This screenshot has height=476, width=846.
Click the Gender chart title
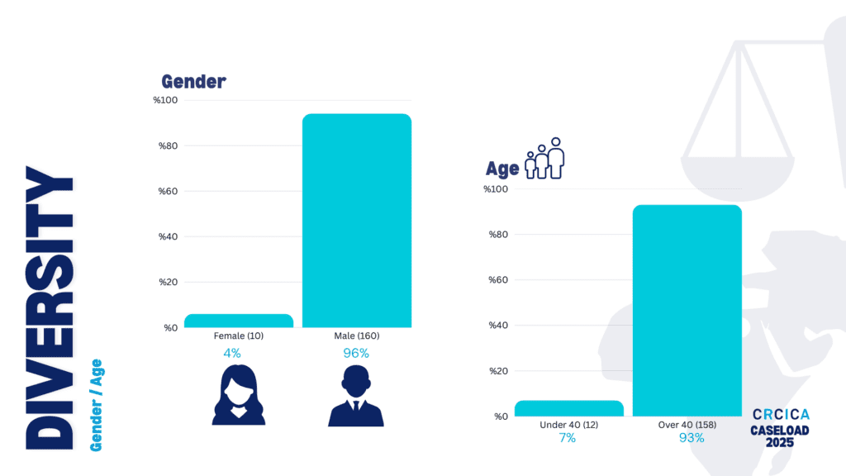[x=193, y=81]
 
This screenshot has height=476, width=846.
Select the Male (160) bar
[x=356, y=220]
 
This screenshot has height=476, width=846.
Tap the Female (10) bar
[x=239, y=321]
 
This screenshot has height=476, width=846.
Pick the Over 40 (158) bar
[x=687, y=310]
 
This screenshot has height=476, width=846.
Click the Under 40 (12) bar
[x=568, y=408]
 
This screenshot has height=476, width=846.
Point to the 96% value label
[x=356, y=353]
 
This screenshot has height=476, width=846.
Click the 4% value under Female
[x=232, y=353]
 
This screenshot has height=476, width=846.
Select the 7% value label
[x=567, y=438]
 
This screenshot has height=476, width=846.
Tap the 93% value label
[x=691, y=438]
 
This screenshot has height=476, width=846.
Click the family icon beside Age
[x=545, y=159]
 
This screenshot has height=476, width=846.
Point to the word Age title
[x=502, y=169]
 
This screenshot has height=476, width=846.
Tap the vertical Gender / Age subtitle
[x=96, y=405]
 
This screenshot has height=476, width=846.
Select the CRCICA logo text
[x=781, y=414]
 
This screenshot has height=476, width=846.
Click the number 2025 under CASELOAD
[x=780, y=444]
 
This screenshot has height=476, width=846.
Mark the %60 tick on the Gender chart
[x=165, y=192]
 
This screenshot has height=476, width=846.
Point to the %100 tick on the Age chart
[x=497, y=189]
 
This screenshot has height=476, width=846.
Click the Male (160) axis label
[x=356, y=336]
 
